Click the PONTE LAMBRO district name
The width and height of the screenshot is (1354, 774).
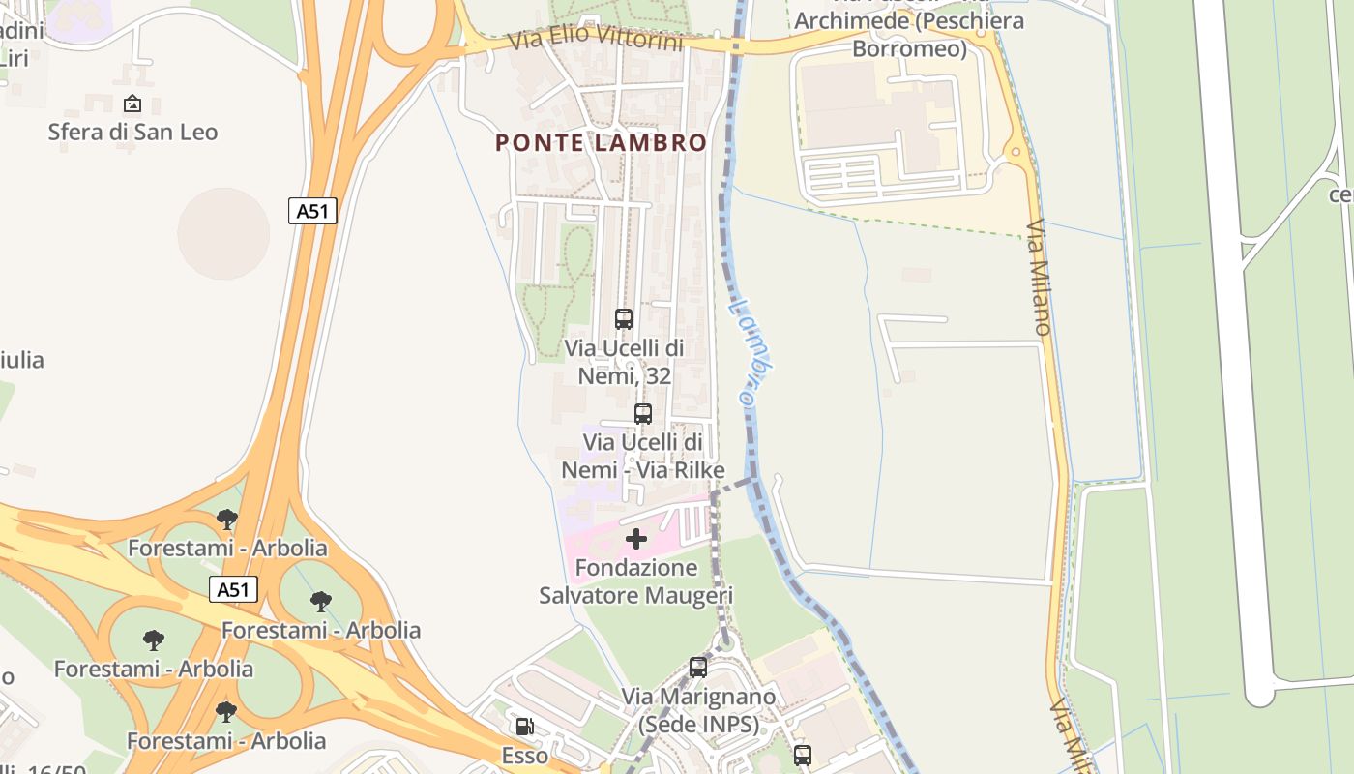601,143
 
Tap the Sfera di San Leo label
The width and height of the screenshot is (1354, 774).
132,132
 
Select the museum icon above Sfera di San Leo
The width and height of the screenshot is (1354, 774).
132,104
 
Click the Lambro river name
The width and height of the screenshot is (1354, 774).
751,350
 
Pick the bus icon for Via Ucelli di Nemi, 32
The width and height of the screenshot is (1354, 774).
624,318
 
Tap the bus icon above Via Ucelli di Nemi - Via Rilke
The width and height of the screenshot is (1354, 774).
643,414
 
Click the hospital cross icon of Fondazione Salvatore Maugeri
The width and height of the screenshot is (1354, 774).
636,539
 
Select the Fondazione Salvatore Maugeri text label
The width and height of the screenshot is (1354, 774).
635,581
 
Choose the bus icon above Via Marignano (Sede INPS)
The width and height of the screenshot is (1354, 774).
698,667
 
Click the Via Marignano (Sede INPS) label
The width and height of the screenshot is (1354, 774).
698,710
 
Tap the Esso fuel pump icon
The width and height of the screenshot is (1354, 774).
524,727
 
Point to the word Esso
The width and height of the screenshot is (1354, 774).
524,756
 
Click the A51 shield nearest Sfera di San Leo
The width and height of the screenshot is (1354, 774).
312,211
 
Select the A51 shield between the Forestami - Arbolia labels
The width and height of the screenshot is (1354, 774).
233,589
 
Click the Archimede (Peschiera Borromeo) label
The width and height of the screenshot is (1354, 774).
908,35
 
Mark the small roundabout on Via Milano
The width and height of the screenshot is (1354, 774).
1015,152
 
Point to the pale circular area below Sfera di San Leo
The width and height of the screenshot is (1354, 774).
223,233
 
